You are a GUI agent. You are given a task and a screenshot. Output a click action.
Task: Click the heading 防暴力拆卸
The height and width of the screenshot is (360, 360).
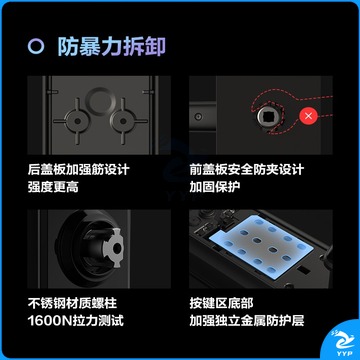112,47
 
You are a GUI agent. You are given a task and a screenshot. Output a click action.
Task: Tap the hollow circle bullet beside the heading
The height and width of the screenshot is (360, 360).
36,47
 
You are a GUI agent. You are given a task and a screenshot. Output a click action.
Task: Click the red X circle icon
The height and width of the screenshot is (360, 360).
308,116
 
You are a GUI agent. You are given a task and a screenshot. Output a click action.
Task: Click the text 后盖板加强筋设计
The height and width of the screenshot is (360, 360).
78,169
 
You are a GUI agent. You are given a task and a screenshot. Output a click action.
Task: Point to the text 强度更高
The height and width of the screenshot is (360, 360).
53,187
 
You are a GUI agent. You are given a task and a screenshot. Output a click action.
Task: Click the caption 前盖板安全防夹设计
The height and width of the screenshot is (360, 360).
247,169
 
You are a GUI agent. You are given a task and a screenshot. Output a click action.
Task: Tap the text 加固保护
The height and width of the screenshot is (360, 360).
215,187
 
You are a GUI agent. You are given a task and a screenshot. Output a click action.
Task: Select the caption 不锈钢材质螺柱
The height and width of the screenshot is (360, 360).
72,303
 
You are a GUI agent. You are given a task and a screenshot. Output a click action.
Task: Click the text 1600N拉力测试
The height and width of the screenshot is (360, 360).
76,321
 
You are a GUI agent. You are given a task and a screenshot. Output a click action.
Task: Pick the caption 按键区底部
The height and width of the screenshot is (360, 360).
221,303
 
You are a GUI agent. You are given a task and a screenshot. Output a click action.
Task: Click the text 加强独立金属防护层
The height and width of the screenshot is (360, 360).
247,321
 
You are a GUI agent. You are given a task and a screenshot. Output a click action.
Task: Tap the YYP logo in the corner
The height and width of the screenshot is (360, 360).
341,343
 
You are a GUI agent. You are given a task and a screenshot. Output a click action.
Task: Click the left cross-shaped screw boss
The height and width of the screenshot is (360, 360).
77,121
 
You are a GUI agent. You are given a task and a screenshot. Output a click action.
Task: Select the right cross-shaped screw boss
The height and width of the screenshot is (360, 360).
123,121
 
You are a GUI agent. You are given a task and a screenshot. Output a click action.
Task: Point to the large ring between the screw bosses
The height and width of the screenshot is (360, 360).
100,101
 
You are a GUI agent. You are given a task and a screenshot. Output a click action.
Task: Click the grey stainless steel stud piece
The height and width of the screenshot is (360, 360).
114,248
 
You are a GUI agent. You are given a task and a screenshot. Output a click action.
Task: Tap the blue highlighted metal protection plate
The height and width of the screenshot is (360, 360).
262,246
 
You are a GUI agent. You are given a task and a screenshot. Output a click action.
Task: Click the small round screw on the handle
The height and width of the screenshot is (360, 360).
199,117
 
